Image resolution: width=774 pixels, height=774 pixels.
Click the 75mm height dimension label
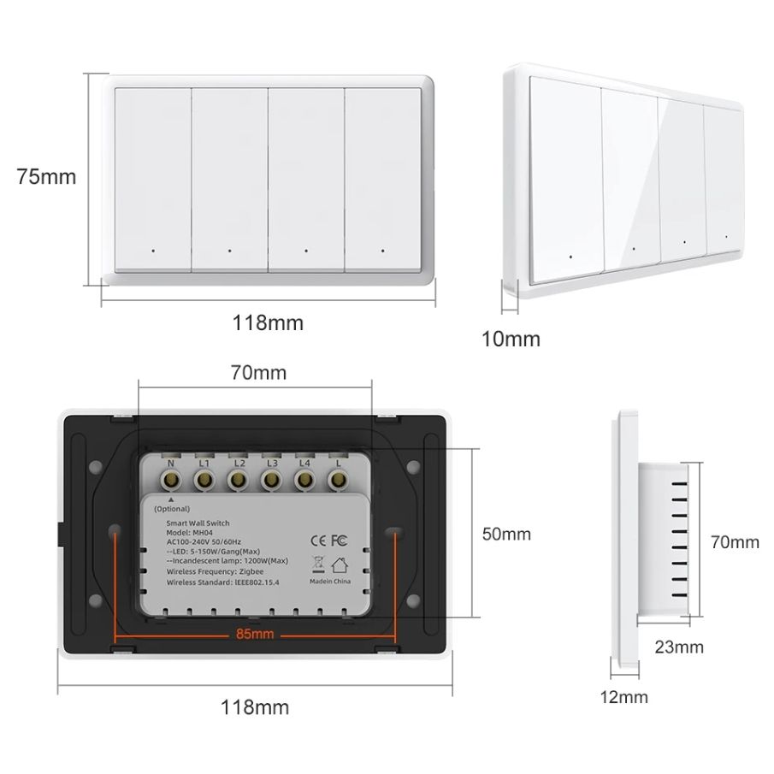(46, 177)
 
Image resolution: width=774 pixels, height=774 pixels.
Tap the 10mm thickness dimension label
(511, 339)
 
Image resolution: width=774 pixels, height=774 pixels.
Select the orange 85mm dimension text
(255, 634)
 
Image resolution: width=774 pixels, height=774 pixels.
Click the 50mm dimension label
(506, 534)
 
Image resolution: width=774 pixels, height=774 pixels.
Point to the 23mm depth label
(679, 647)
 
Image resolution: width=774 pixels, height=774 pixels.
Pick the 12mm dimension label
(623, 696)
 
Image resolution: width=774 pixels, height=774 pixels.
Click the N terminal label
(171, 464)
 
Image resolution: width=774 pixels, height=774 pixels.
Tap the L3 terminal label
(271, 464)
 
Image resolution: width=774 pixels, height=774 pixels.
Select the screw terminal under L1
(204, 482)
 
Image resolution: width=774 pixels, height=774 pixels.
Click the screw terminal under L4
(304, 482)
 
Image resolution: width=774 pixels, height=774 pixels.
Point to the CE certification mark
(314, 540)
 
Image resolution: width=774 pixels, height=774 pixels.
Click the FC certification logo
(338, 540)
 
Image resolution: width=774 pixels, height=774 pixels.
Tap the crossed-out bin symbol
(316, 564)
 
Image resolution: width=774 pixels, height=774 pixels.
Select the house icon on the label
(340, 564)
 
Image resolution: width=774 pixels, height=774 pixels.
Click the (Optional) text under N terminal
(172, 508)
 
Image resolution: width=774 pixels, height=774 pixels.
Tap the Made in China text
(328, 581)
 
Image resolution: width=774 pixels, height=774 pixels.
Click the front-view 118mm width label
(269, 323)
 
